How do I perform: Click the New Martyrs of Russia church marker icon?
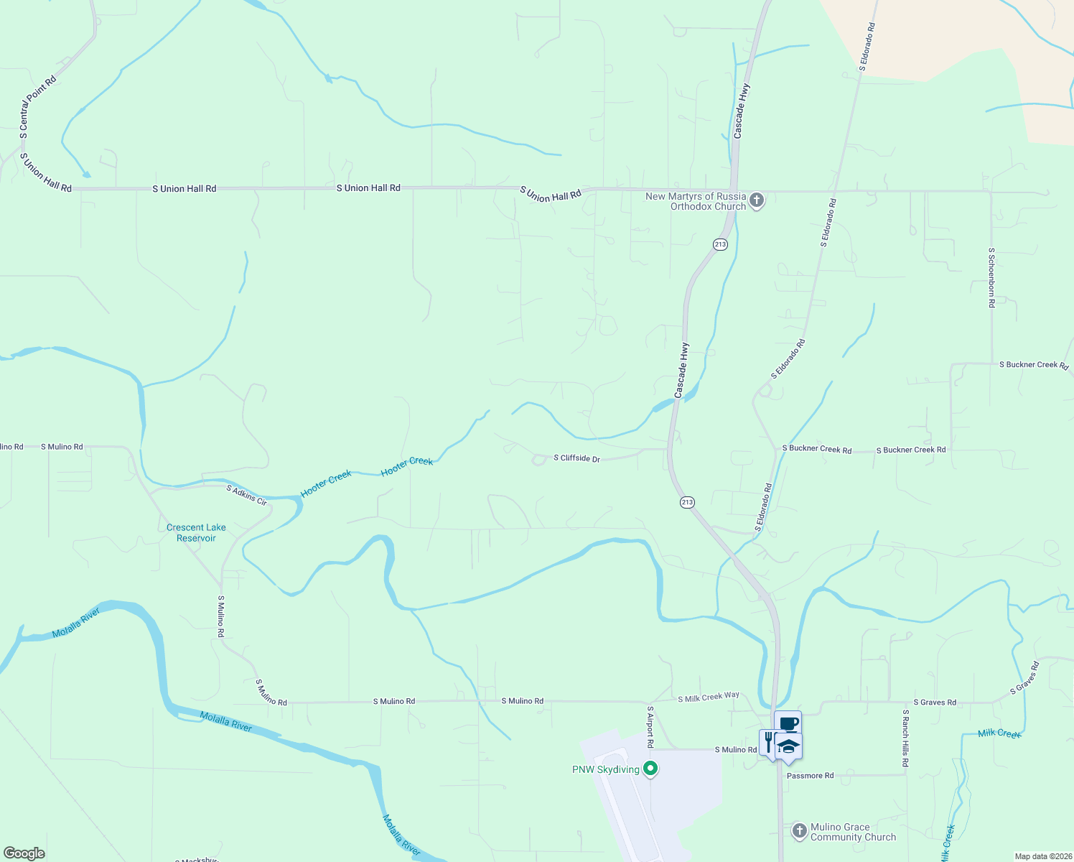click(x=756, y=200)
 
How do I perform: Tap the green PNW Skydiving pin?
click(x=650, y=769)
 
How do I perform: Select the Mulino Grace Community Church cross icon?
click(x=799, y=831)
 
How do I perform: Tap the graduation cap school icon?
click(x=789, y=746)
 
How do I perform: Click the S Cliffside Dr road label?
click(x=576, y=458)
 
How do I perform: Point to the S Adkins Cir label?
click(x=247, y=495)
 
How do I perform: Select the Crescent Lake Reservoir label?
click(x=196, y=532)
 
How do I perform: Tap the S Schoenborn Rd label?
click(x=991, y=277)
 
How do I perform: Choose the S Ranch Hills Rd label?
click(x=905, y=738)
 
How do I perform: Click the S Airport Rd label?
click(x=650, y=726)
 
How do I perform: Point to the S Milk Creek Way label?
click(x=709, y=697)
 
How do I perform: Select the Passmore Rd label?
click(x=810, y=776)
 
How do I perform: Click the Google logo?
click(x=24, y=853)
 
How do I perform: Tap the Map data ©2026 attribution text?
click(x=1042, y=856)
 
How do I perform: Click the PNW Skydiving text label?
click(x=605, y=769)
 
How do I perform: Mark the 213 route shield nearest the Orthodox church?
click(x=720, y=244)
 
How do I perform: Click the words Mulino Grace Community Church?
click(x=853, y=832)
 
